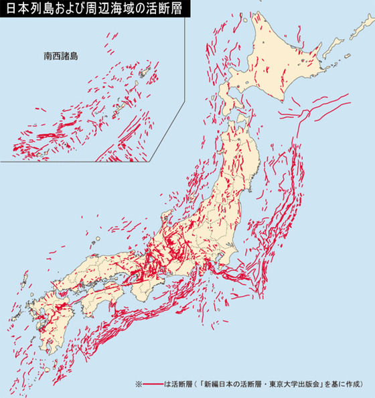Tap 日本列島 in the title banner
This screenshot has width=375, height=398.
[25, 9]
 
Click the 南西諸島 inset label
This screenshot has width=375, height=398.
[60, 56]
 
